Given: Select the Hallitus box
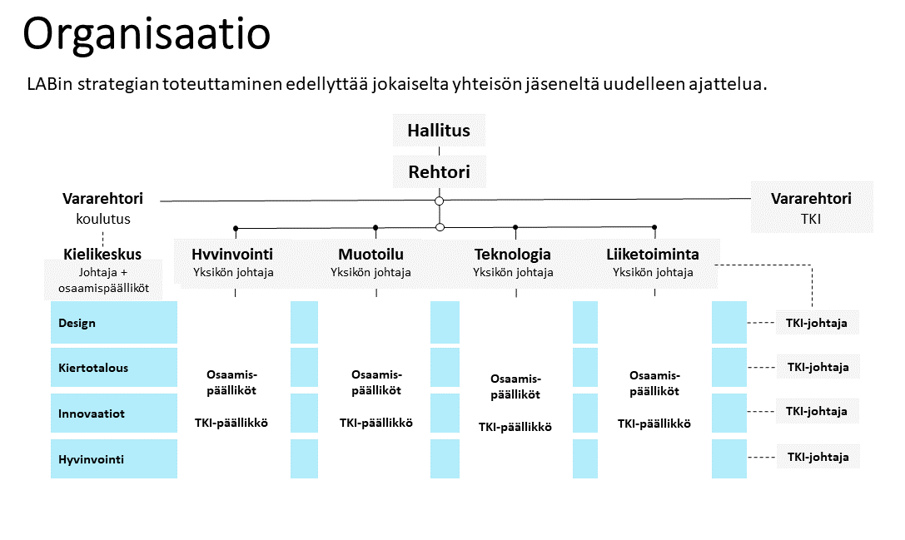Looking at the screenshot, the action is click(x=439, y=131).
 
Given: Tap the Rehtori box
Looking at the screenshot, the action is click(x=440, y=172).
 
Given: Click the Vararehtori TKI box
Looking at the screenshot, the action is click(x=812, y=208).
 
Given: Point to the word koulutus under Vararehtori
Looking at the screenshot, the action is click(x=103, y=219).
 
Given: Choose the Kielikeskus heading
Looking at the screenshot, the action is click(x=102, y=254).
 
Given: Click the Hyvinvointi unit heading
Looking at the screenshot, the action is click(x=232, y=255).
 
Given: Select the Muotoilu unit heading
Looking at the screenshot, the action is click(x=371, y=255).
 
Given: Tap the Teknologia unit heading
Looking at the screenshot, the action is click(x=513, y=255).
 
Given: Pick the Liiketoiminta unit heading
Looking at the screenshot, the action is click(x=653, y=255).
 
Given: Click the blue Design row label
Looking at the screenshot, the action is click(x=114, y=323).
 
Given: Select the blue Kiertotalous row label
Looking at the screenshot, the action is click(x=114, y=368).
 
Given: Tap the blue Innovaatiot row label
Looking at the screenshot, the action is click(x=114, y=413).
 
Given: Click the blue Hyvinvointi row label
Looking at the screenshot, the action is click(x=114, y=458).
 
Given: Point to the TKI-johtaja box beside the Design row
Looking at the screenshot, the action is click(x=817, y=323).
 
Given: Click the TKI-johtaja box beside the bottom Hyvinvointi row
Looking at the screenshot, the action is click(x=818, y=457).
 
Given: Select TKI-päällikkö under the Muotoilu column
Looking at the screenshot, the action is click(x=376, y=423).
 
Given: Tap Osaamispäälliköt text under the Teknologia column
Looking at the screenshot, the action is click(x=515, y=387).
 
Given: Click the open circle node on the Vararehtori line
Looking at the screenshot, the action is click(x=440, y=201).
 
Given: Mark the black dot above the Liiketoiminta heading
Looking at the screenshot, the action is click(x=654, y=227).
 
